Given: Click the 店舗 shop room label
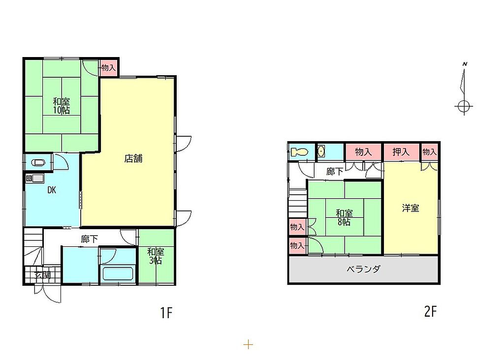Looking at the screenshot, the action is click(133, 159).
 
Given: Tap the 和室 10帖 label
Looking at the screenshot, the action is click(62, 106).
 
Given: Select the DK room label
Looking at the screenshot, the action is click(52, 190).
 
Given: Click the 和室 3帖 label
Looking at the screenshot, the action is click(156, 256).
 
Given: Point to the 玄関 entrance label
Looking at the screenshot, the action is click(43, 275).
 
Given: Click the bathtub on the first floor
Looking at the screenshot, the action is click(117, 273).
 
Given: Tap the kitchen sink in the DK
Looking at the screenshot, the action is click(34, 179).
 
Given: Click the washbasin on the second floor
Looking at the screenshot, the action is click(321, 151).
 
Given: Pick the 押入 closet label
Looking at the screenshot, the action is click(401, 152).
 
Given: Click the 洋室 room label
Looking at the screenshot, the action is click(410, 208).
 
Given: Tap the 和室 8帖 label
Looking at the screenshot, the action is click(344, 217).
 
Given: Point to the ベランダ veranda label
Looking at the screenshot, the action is click(364, 269).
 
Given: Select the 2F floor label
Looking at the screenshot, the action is click(431, 311).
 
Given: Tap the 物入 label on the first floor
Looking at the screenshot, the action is click(108, 68).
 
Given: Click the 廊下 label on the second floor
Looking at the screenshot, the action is click(335, 172).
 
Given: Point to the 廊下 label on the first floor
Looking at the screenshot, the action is click(90, 239).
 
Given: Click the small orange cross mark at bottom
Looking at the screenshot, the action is click(248, 345).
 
